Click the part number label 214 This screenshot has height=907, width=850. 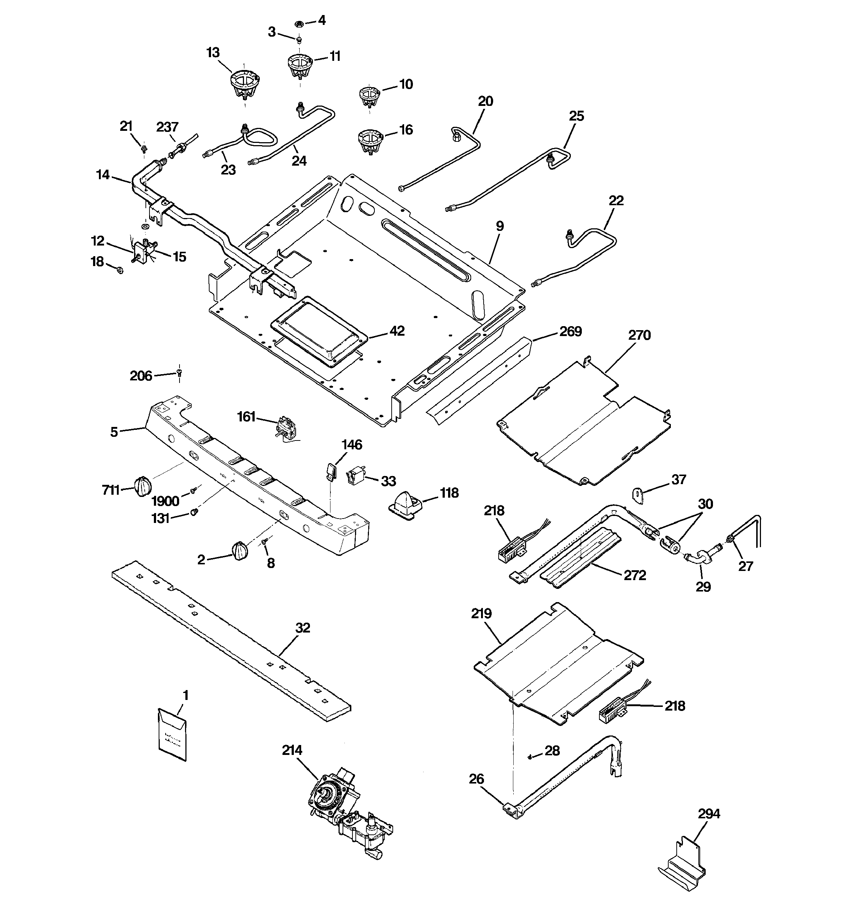292,750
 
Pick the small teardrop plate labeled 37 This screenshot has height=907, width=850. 637,495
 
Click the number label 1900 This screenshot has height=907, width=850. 166,501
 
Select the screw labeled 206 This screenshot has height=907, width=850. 179,374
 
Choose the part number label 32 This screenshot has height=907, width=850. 303,628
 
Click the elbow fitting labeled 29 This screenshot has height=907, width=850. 698,557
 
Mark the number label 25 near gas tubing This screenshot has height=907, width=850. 577,116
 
